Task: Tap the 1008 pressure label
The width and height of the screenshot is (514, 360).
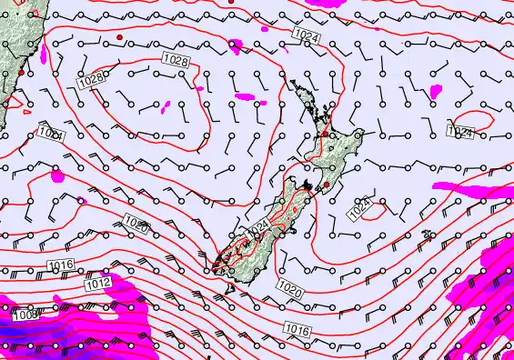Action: (x=26, y=314)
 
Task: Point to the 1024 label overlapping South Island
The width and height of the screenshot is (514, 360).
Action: (x=258, y=226)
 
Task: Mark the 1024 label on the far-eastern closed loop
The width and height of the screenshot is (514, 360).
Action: (x=460, y=133)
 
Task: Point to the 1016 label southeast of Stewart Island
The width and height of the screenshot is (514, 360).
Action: (x=297, y=327)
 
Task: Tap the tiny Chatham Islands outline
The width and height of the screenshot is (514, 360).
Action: (x=427, y=235)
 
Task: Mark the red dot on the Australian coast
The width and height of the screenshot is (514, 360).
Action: (x=20, y=71)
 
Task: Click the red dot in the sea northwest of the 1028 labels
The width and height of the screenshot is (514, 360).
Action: (x=119, y=36)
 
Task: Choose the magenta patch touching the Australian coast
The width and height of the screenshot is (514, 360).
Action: (x=57, y=176)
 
